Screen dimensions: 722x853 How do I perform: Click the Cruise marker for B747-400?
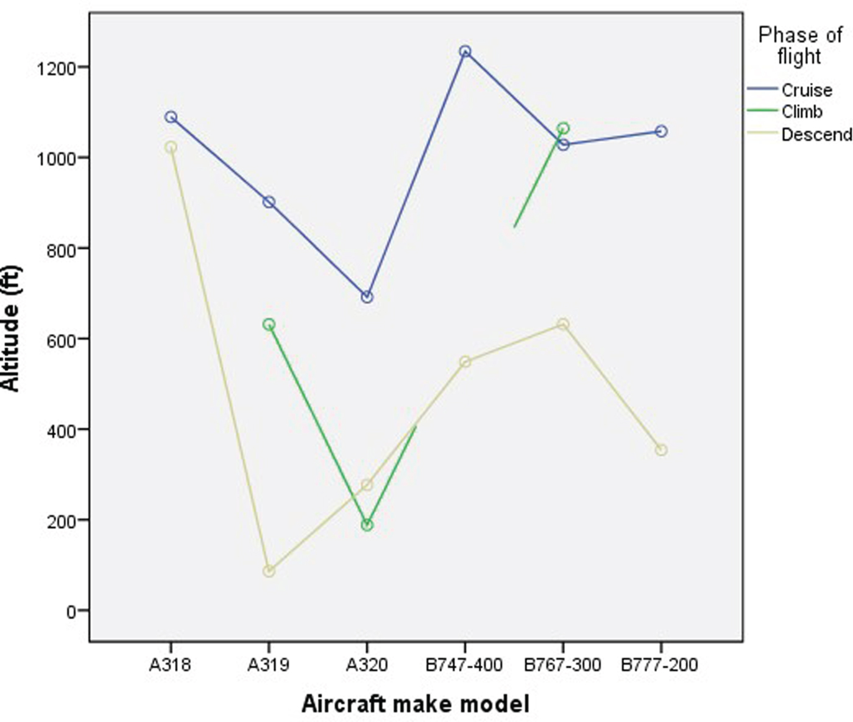point(465,52)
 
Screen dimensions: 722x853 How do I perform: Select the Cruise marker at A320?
point(367,297)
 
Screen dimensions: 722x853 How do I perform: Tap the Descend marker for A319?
point(269,571)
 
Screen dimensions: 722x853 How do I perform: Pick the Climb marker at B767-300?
point(563,129)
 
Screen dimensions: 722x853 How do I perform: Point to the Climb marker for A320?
point(367,525)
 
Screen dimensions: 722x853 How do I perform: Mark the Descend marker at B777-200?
point(661,450)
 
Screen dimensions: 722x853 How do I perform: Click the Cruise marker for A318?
point(171,117)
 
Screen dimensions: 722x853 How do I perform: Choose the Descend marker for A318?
point(171,147)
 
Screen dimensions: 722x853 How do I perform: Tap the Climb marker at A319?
point(269,325)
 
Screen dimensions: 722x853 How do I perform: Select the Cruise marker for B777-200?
point(661,132)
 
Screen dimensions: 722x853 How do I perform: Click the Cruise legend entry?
point(806,90)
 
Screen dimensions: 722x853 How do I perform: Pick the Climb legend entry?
point(801,112)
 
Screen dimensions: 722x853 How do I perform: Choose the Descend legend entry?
point(816,135)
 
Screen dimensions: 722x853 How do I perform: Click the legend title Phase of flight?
point(799,46)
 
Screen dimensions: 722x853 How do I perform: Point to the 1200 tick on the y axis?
point(56,68)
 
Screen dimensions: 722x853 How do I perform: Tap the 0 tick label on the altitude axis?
point(72,611)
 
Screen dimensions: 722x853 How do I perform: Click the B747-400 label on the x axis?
point(464,665)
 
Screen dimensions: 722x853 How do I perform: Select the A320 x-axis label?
point(367,665)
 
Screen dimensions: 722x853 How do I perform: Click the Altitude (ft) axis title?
point(11,328)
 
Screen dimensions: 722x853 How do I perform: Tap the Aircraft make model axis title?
point(416,704)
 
